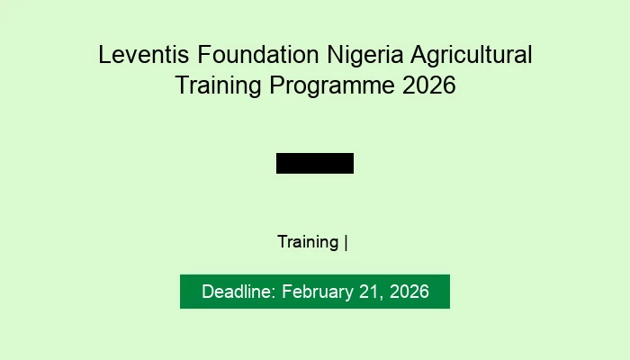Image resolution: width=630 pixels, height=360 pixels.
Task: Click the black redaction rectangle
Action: [315, 163]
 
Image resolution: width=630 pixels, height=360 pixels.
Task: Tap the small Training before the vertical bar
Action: [308, 242]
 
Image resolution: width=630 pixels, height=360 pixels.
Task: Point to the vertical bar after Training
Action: [346, 242]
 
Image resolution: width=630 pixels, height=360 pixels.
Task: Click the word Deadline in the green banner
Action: [238, 292]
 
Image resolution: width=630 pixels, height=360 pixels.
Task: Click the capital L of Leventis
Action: [103, 55]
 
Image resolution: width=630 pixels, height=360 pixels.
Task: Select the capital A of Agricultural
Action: [418, 55]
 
